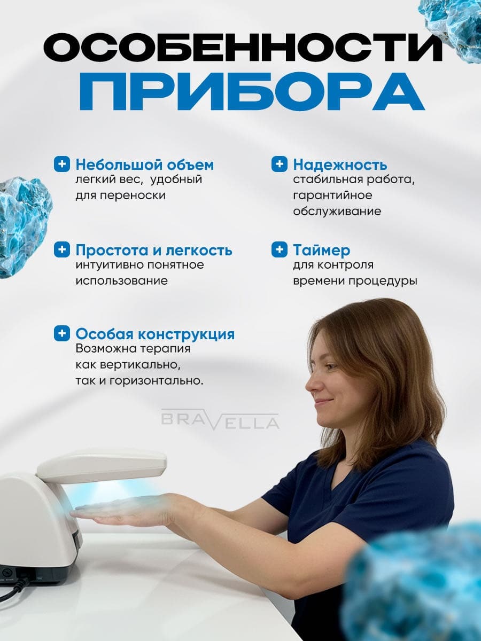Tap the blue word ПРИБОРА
(x=252, y=91)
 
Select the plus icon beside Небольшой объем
(x=62, y=164)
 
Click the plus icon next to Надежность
(x=280, y=164)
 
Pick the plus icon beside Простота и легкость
(x=62, y=249)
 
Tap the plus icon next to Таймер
(x=280, y=249)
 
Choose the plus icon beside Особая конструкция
(x=62, y=333)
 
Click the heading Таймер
(x=322, y=251)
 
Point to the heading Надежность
(x=340, y=165)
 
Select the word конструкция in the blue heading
(x=186, y=334)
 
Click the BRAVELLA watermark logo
(x=220, y=420)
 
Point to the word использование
(x=122, y=281)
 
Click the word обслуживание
(x=337, y=211)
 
